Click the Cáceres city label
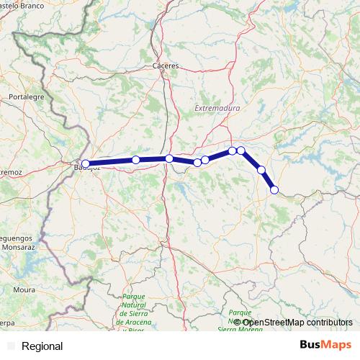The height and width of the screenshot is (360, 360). [x=166, y=66]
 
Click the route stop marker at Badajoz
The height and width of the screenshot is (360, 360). [x=86, y=163]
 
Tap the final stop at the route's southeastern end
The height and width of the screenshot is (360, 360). [x=274, y=190]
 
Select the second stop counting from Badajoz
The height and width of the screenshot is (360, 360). [x=135, y=160]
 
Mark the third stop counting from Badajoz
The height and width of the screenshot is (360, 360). [x=168, y=158]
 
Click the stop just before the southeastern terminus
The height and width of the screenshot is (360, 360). [x=261, y=170]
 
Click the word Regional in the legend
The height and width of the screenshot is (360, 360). [x=42, y=346]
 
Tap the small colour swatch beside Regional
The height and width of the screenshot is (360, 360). [x=11, y=346]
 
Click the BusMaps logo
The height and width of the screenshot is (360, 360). [x=325, y=346]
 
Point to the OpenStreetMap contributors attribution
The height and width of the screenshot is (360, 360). [x=292, y=322]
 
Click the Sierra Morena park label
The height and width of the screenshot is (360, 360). [x=241, y=320]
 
